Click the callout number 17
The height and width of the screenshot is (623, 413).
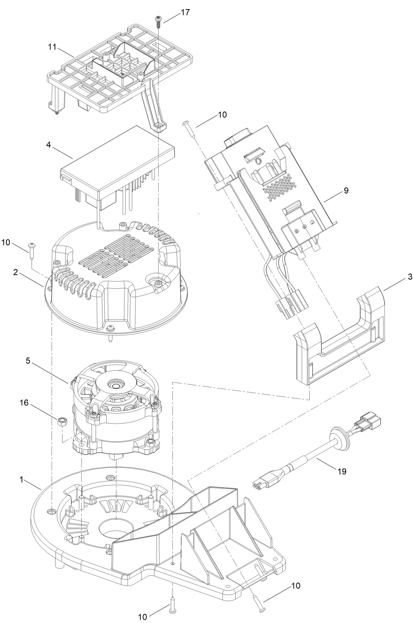pyautogui.click(x=185, y=12)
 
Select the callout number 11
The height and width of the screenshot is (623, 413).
pyautogui.click(x=52, y=47)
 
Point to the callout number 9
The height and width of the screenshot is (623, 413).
pyautogui.click(x=346, y=190)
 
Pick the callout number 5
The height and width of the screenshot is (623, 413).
pyautogui.click(x=28, y=361)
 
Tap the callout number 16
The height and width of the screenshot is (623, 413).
pyautogui.click(x=24, y=403)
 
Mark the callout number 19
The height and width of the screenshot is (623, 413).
pyautogui.click(x=342, y=471)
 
